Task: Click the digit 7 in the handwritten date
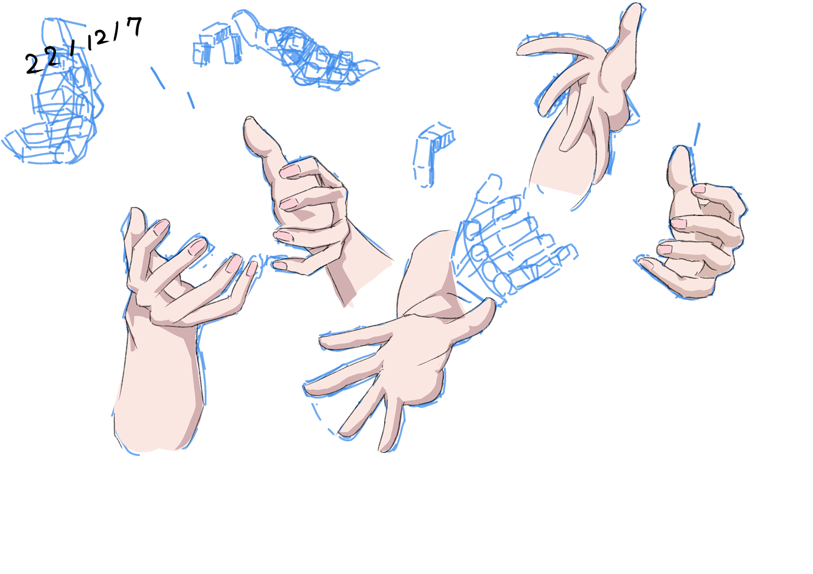click(134, 26)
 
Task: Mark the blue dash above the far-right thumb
click(697, 134)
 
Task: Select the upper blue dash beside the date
click(158, 77)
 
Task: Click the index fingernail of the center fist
click(289, 171)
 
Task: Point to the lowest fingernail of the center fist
click(280, 265)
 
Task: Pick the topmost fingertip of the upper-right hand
click(633, 9)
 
